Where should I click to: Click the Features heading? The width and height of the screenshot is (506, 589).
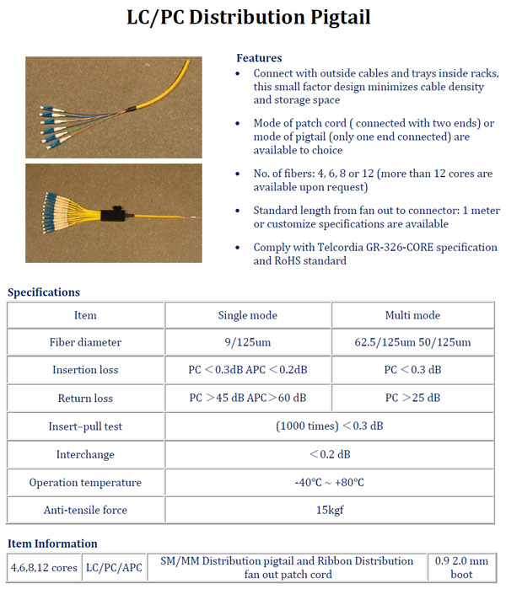259,58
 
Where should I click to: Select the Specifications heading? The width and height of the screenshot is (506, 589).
44,292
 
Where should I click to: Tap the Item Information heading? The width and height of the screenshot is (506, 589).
52,543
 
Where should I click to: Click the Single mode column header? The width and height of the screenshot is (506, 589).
248,315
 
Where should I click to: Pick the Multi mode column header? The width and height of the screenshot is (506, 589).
413,315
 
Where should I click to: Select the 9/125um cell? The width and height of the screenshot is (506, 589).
248,342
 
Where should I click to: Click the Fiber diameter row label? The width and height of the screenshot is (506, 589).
85,342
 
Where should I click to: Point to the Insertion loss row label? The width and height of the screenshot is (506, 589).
85,370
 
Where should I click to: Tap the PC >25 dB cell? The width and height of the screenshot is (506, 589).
413,398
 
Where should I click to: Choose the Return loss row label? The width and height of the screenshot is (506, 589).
85,398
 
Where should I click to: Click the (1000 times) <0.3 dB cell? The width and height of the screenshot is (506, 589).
329,426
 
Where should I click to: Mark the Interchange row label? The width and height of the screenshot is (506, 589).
85,454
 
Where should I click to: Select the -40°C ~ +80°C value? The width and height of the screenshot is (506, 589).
329,483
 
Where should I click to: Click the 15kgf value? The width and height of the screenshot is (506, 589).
329,511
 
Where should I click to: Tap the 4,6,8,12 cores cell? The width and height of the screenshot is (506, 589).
44,568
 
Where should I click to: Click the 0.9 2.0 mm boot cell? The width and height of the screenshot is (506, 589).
461,568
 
